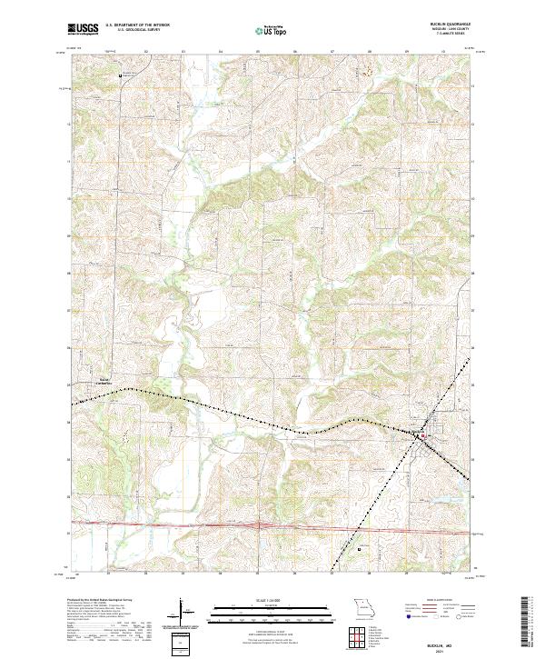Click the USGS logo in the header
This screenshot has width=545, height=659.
click(x=83, y=30)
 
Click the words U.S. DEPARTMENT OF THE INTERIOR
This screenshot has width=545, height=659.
click(x=137, y=25)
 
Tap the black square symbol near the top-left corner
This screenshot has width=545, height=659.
click(x=123, y=75)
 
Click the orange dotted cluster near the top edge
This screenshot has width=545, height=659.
click(x=369, y=70)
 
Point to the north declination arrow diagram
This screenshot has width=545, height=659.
click(x=182, y=611)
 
